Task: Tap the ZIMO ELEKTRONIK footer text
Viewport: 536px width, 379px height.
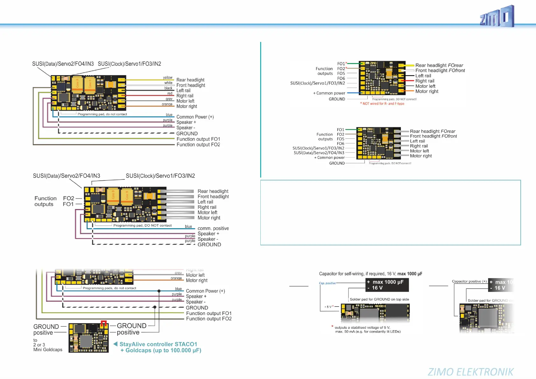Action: [x=470, y=372]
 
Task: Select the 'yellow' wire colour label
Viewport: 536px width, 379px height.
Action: [x=168, y=78]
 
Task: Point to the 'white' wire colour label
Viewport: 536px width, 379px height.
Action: [x=168, y=83]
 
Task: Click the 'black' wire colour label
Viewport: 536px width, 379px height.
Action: [x=168, y=88]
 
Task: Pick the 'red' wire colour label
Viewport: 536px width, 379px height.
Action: [x=170, y=94]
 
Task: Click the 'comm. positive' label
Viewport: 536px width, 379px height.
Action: [x=213, y=228]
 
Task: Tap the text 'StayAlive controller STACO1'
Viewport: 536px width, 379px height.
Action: [x=158, y=344]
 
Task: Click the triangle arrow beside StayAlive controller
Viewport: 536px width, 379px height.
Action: [x=116, y=344]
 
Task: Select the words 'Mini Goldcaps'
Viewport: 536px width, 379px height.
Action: [x=48, y=350]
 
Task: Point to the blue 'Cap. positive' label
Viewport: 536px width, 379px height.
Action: [x=327, y=283]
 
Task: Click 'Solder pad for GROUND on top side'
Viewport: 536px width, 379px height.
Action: [x=379, y=299]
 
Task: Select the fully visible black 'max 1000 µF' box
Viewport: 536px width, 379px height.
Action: [x=387, y=285]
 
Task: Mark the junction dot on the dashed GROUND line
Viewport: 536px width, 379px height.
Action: [x=155, y=307]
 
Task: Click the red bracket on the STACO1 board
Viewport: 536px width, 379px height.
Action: [x=103, y=323]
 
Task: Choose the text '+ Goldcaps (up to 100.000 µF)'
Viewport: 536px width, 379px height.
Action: [x=161, y=350]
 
